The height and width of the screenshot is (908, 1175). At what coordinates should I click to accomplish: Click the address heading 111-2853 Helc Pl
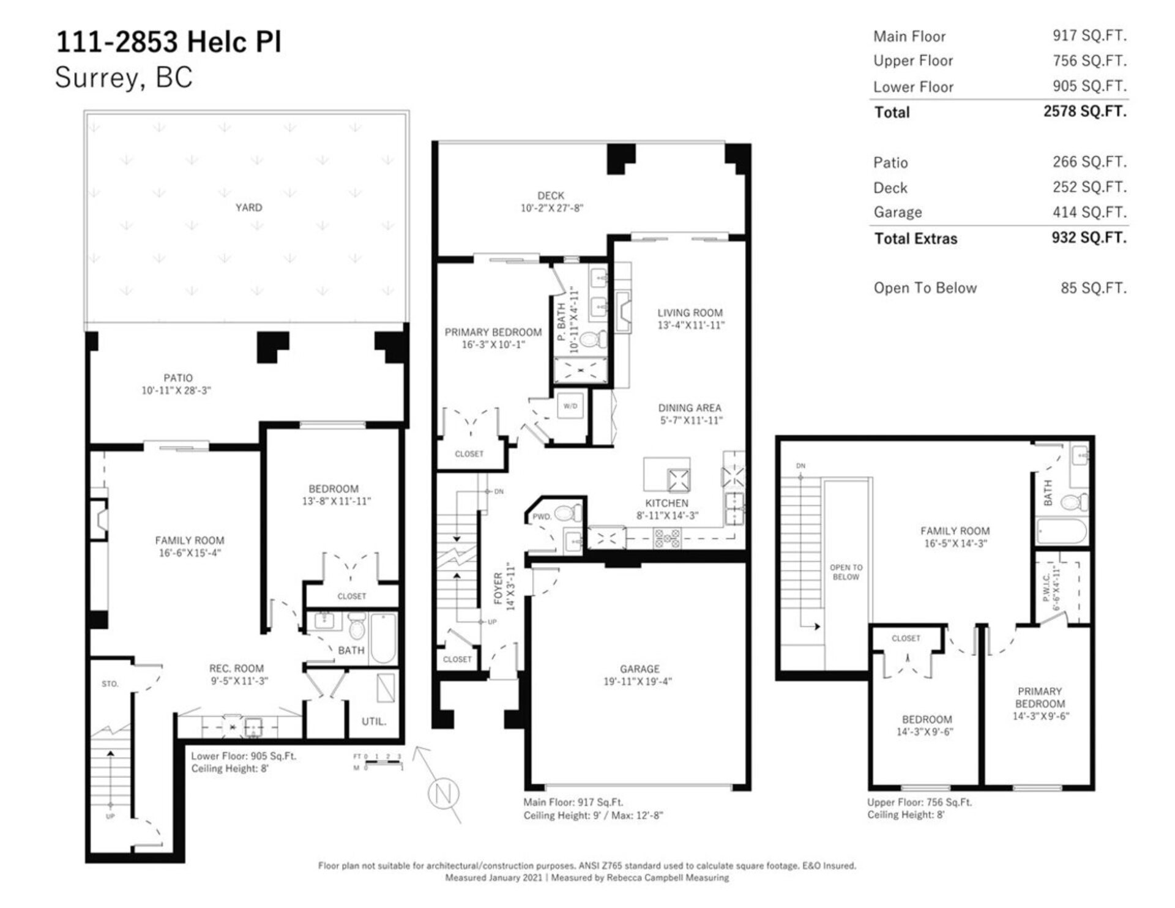[x=169, y=42]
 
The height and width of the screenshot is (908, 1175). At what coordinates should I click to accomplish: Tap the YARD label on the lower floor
[x=248, y=207]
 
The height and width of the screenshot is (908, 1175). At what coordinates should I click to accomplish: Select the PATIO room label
[x=177, y=378]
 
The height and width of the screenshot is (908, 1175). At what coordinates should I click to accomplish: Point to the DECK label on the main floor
[x=551, y=196]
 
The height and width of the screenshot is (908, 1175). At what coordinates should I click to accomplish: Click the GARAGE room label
[x=640, y=669]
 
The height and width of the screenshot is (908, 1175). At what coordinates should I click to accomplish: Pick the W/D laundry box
[x=570, y=406]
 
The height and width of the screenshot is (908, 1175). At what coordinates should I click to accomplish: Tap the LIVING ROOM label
[x=690, y=313]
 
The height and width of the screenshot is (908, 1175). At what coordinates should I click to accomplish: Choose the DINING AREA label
[x=690, y=407]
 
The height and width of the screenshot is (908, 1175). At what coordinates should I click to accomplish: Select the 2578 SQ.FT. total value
[x=1085, y=111]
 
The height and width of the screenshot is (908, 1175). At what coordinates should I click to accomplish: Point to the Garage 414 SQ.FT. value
[x=1089, y=212]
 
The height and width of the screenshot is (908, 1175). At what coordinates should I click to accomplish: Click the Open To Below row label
[x=925, y=288]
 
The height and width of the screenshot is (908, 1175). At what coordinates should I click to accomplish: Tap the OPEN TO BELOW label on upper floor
[x=846, y=572]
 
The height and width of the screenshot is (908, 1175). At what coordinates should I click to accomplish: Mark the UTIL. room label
[x=373, y=721]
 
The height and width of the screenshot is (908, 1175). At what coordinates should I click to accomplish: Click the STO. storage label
[x=110, y=684]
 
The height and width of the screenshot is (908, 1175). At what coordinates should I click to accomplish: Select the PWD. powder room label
[x=542, y=516]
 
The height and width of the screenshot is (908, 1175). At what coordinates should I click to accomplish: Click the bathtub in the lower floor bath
[x=384, y=638]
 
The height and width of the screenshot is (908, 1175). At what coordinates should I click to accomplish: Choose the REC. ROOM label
[x=236, y=668]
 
